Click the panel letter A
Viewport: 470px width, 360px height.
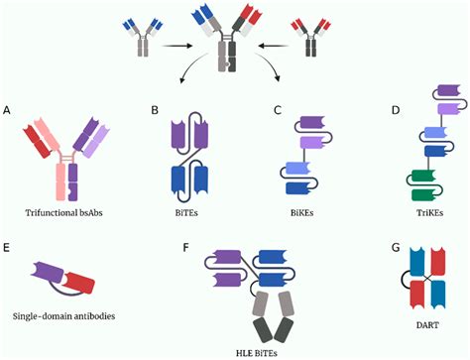coord(8,109)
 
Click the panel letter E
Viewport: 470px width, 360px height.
coord(8,243)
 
